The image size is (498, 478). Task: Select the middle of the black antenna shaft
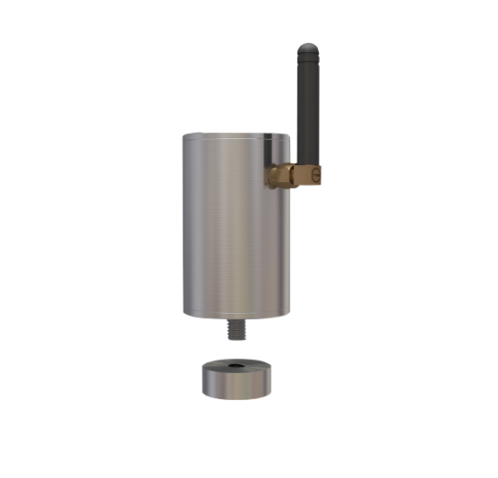307,108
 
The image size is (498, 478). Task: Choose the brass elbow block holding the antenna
305,174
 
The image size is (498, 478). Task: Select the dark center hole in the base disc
235,367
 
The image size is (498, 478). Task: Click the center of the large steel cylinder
236,224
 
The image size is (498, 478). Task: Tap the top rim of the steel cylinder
236,135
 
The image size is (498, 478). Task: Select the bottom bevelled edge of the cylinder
236,316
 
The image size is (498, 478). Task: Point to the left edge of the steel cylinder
185,224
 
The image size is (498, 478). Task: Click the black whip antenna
307,99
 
